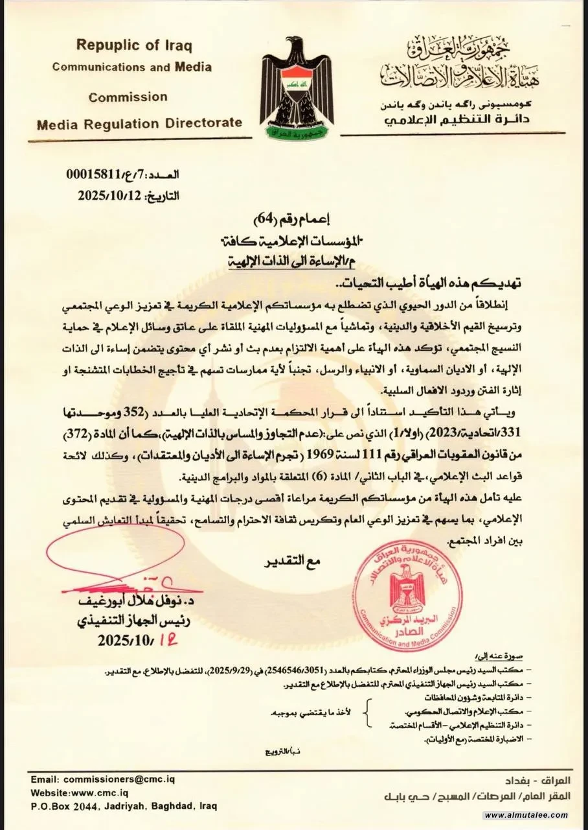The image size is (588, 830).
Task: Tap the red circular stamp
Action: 407,589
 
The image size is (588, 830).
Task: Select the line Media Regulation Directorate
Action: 139,123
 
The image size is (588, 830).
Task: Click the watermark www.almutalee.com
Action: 525,815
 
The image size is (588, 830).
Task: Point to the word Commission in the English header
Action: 128,97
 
